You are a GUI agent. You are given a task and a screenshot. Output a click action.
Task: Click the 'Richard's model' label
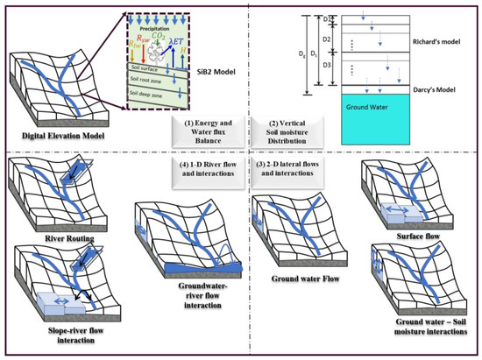435,41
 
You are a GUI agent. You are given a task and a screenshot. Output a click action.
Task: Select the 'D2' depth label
326,39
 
